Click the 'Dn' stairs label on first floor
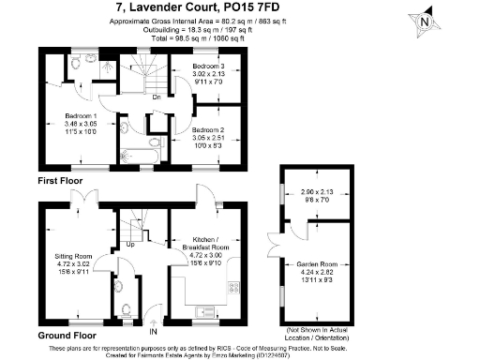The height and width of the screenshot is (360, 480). (157, 97)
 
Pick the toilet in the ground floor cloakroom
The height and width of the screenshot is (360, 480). (125, 308)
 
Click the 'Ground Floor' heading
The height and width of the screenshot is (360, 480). (66, 334)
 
